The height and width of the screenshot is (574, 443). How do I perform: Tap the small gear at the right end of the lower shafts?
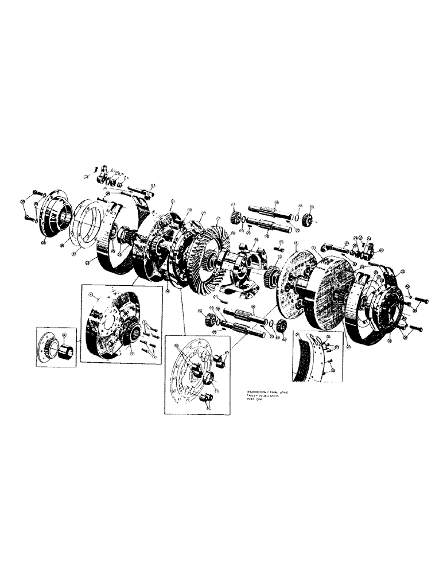pyautogui.click(x=281, y=326)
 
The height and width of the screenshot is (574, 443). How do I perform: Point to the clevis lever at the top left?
pyautogui.click(x=106, y=171)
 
